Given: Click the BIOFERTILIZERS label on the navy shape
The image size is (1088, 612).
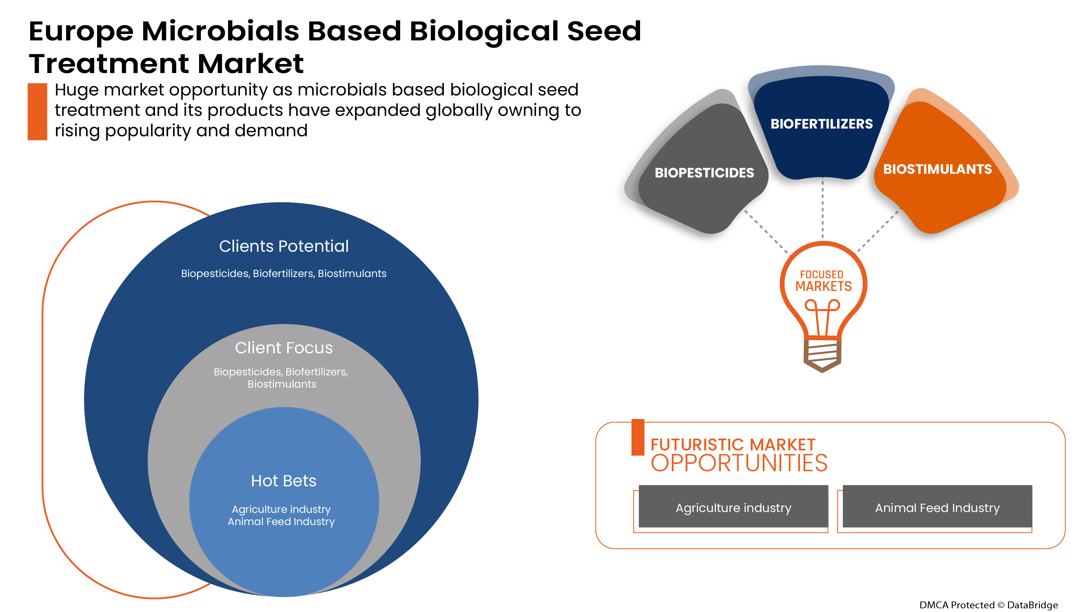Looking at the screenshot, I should tap(821, 124).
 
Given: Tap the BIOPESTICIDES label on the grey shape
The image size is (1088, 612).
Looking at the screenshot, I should tap(704, 173).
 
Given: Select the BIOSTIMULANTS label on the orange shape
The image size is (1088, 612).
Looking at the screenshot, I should tap(937, 169).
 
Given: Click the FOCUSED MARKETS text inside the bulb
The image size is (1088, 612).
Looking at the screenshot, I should tap(823, 281).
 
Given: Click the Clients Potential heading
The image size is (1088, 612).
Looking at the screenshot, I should tap(284, 246).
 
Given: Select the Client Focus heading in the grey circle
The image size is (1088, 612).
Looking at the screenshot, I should tap(284, 348).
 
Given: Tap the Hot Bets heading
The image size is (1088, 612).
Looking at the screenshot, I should tap(284, 481).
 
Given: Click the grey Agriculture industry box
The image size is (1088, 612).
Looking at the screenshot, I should tap(733, 507).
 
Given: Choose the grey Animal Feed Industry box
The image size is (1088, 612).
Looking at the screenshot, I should tap(937, 507).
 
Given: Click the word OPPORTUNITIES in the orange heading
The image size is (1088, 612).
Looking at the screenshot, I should tap(739, 463).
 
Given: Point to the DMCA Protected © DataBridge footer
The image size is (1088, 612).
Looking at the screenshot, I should tap(988, 604).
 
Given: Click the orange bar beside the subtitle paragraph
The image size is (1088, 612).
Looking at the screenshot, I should tap(37, 111).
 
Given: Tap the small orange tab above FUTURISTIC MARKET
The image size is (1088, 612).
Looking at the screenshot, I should tap(637, 437).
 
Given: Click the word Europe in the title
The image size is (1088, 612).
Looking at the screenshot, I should tap(81, 31).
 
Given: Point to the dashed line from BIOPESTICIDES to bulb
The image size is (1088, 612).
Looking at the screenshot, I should tap(766, 232).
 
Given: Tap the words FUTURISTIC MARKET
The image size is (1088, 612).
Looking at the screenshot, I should tap(732, 444).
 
